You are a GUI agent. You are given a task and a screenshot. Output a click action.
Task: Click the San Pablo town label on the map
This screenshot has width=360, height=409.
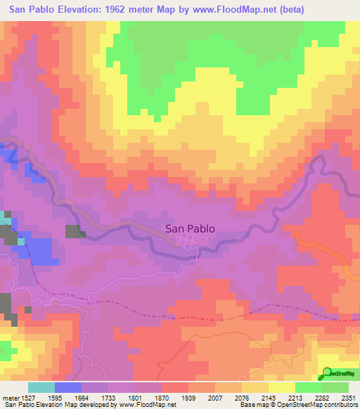190,228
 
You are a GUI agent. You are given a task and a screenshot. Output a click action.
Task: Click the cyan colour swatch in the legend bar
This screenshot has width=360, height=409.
41,388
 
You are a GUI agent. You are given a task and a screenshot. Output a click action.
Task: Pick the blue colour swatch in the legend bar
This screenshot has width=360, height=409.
67,388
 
